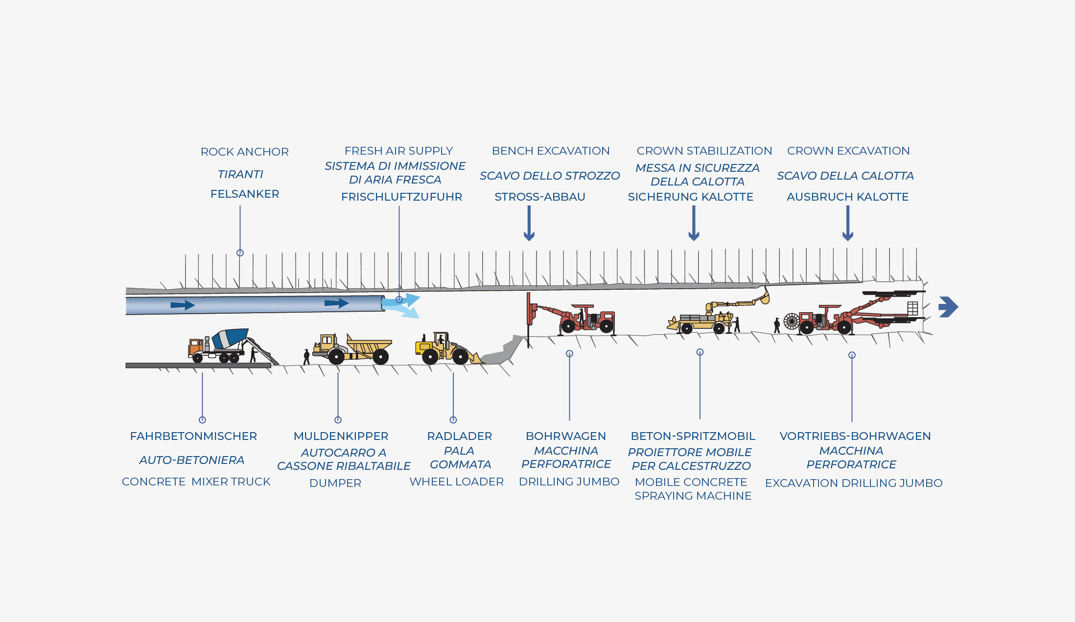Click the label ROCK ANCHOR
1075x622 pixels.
244,152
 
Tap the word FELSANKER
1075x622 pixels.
244,194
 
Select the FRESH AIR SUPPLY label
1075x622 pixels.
398,151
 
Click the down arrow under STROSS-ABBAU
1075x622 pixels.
529,223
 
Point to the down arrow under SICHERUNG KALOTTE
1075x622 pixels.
693,223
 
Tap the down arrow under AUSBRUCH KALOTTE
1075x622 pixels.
847,223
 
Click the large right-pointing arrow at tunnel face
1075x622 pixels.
948,307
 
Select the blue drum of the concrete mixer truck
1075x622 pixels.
230,338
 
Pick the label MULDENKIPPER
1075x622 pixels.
341,436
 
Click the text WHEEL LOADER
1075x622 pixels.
456,482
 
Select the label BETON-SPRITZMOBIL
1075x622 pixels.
693,436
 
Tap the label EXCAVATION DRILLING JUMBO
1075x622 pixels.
853,483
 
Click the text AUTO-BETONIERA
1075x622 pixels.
191,460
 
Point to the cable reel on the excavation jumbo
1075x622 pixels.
791,321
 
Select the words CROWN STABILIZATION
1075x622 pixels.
704,151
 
